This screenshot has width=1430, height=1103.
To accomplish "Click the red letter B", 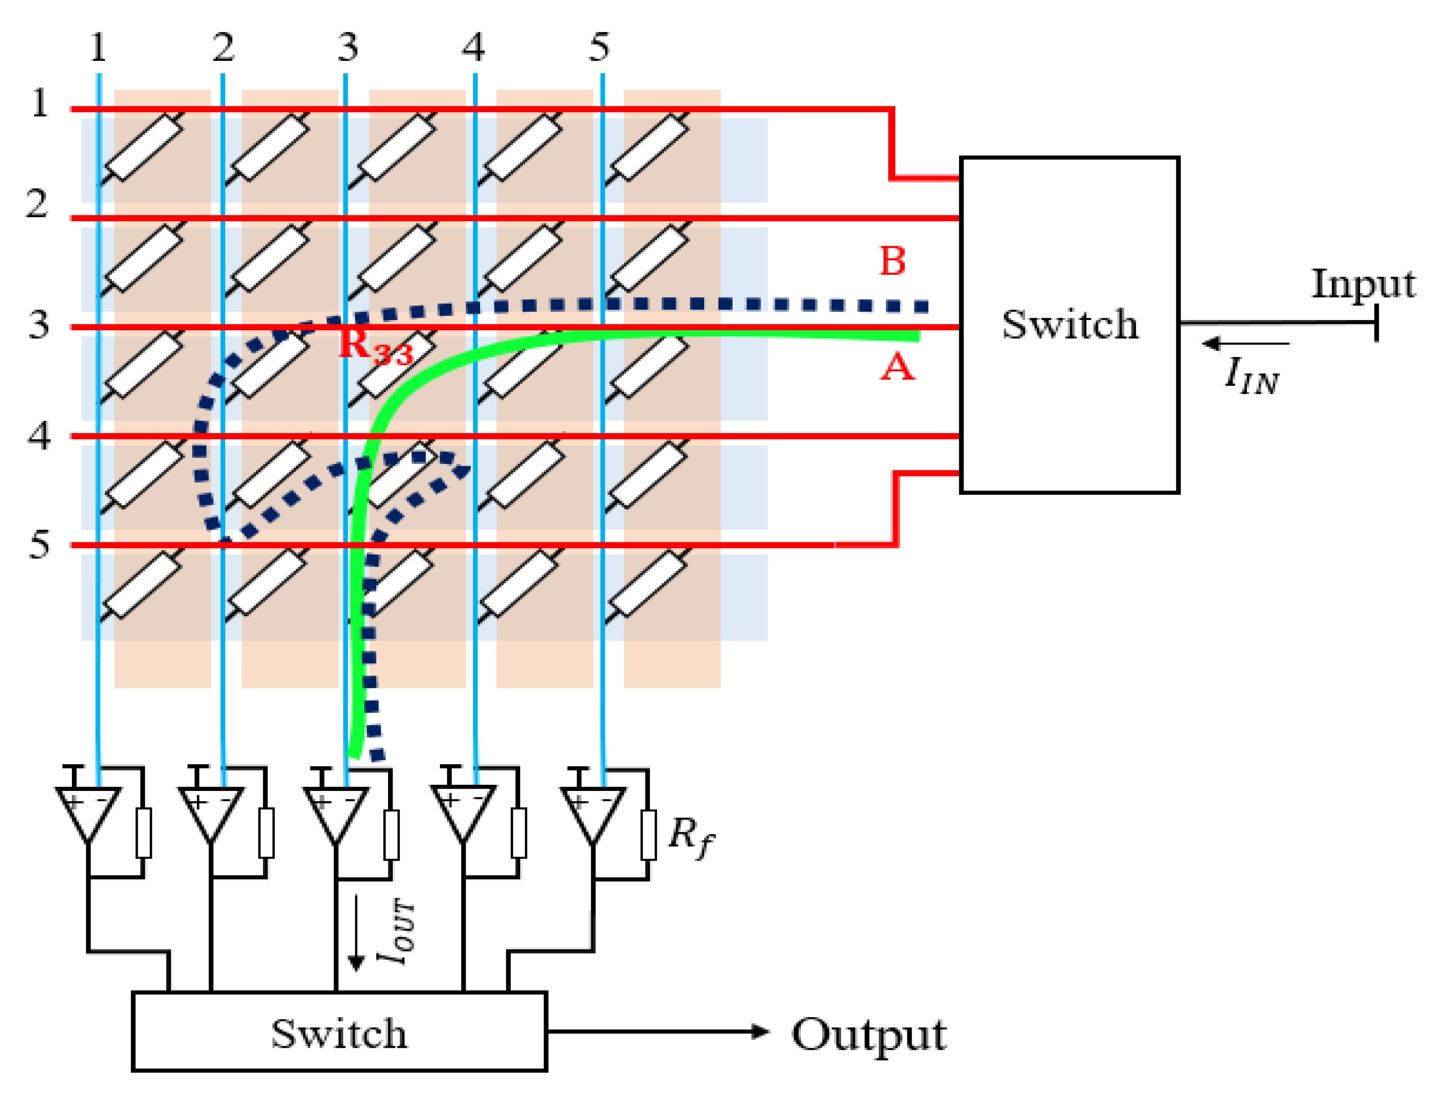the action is tap(892, 261).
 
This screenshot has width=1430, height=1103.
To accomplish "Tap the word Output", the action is tap(869, 1036).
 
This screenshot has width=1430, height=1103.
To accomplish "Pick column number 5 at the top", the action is tap(598, 47).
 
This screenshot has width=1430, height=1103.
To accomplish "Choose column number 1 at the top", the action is tap(98, 47).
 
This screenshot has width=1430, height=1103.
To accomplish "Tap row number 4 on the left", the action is tap(39, 435).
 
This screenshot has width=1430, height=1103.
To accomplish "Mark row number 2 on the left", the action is tap(37, 203).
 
